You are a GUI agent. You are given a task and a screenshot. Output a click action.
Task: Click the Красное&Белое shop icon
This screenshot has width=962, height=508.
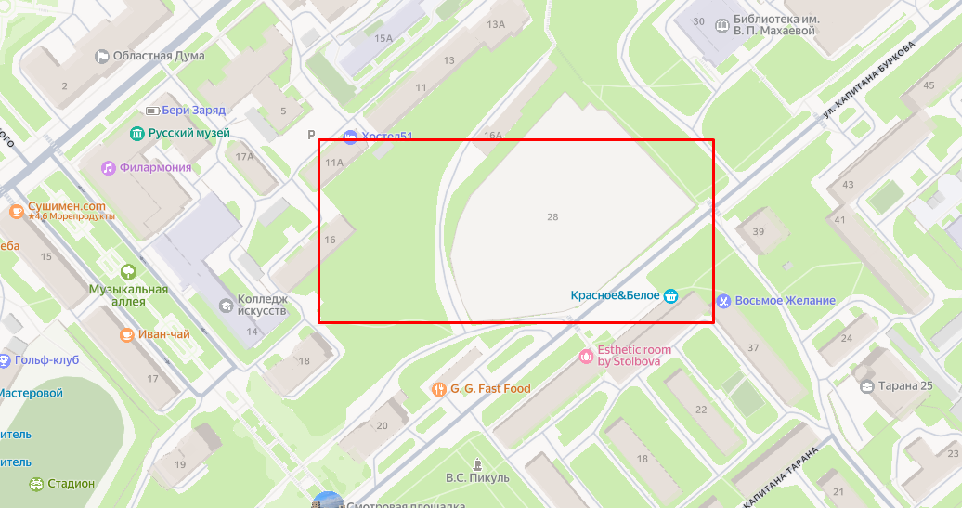click(670, 296)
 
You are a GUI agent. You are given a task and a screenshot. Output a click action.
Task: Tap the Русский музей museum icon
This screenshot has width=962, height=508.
click(137, 134)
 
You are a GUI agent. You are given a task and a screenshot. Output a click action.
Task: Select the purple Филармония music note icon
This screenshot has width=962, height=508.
click(109, 167)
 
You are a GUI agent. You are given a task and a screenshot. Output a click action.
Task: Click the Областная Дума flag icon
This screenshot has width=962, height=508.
click(102, 56)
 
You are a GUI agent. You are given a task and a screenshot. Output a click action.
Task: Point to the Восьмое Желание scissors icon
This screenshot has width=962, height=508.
click(722, 300)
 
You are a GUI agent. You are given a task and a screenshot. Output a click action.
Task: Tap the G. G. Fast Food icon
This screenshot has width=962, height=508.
click(438, 389)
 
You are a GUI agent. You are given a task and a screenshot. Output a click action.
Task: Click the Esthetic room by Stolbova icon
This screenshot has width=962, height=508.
click(586, 356)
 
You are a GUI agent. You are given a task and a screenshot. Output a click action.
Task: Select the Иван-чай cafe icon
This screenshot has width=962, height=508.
click(127, 334)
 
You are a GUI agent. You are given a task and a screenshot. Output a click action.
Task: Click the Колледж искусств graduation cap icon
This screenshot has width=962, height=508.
click(226, 306)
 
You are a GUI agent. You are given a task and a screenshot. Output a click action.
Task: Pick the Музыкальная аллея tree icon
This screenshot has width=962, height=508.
click(128, 272)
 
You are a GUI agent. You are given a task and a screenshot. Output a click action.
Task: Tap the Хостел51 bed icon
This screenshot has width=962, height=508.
click(350, 137)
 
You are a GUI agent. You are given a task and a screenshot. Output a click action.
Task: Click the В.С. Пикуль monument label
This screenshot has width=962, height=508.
click(478, 477)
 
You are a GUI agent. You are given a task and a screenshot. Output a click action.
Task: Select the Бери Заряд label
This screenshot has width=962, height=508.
click(193, 110)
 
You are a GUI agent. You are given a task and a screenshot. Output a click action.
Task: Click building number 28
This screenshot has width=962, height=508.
click(553, 216)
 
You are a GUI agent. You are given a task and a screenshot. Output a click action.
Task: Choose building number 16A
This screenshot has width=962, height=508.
click(493, 136)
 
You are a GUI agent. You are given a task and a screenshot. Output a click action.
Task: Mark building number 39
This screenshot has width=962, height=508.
click(759, 231)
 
